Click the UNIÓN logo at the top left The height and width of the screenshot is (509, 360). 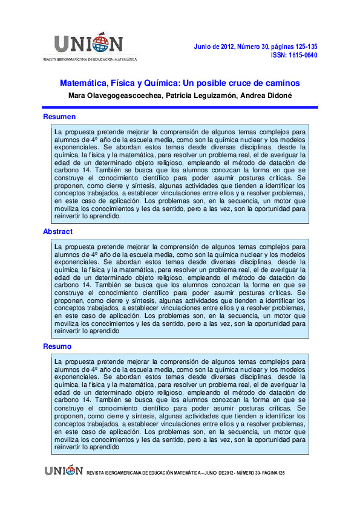click(x=89, y=43)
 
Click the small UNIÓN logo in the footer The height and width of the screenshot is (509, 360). click(x=63, y=470)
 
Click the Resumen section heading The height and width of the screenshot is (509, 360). click(x=59, y=117)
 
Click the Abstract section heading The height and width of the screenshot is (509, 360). click(x=57, y=232)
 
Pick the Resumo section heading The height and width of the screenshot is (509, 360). click(x=57, y=346)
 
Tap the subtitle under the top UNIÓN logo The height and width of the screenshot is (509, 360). click(x=90, y=59)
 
